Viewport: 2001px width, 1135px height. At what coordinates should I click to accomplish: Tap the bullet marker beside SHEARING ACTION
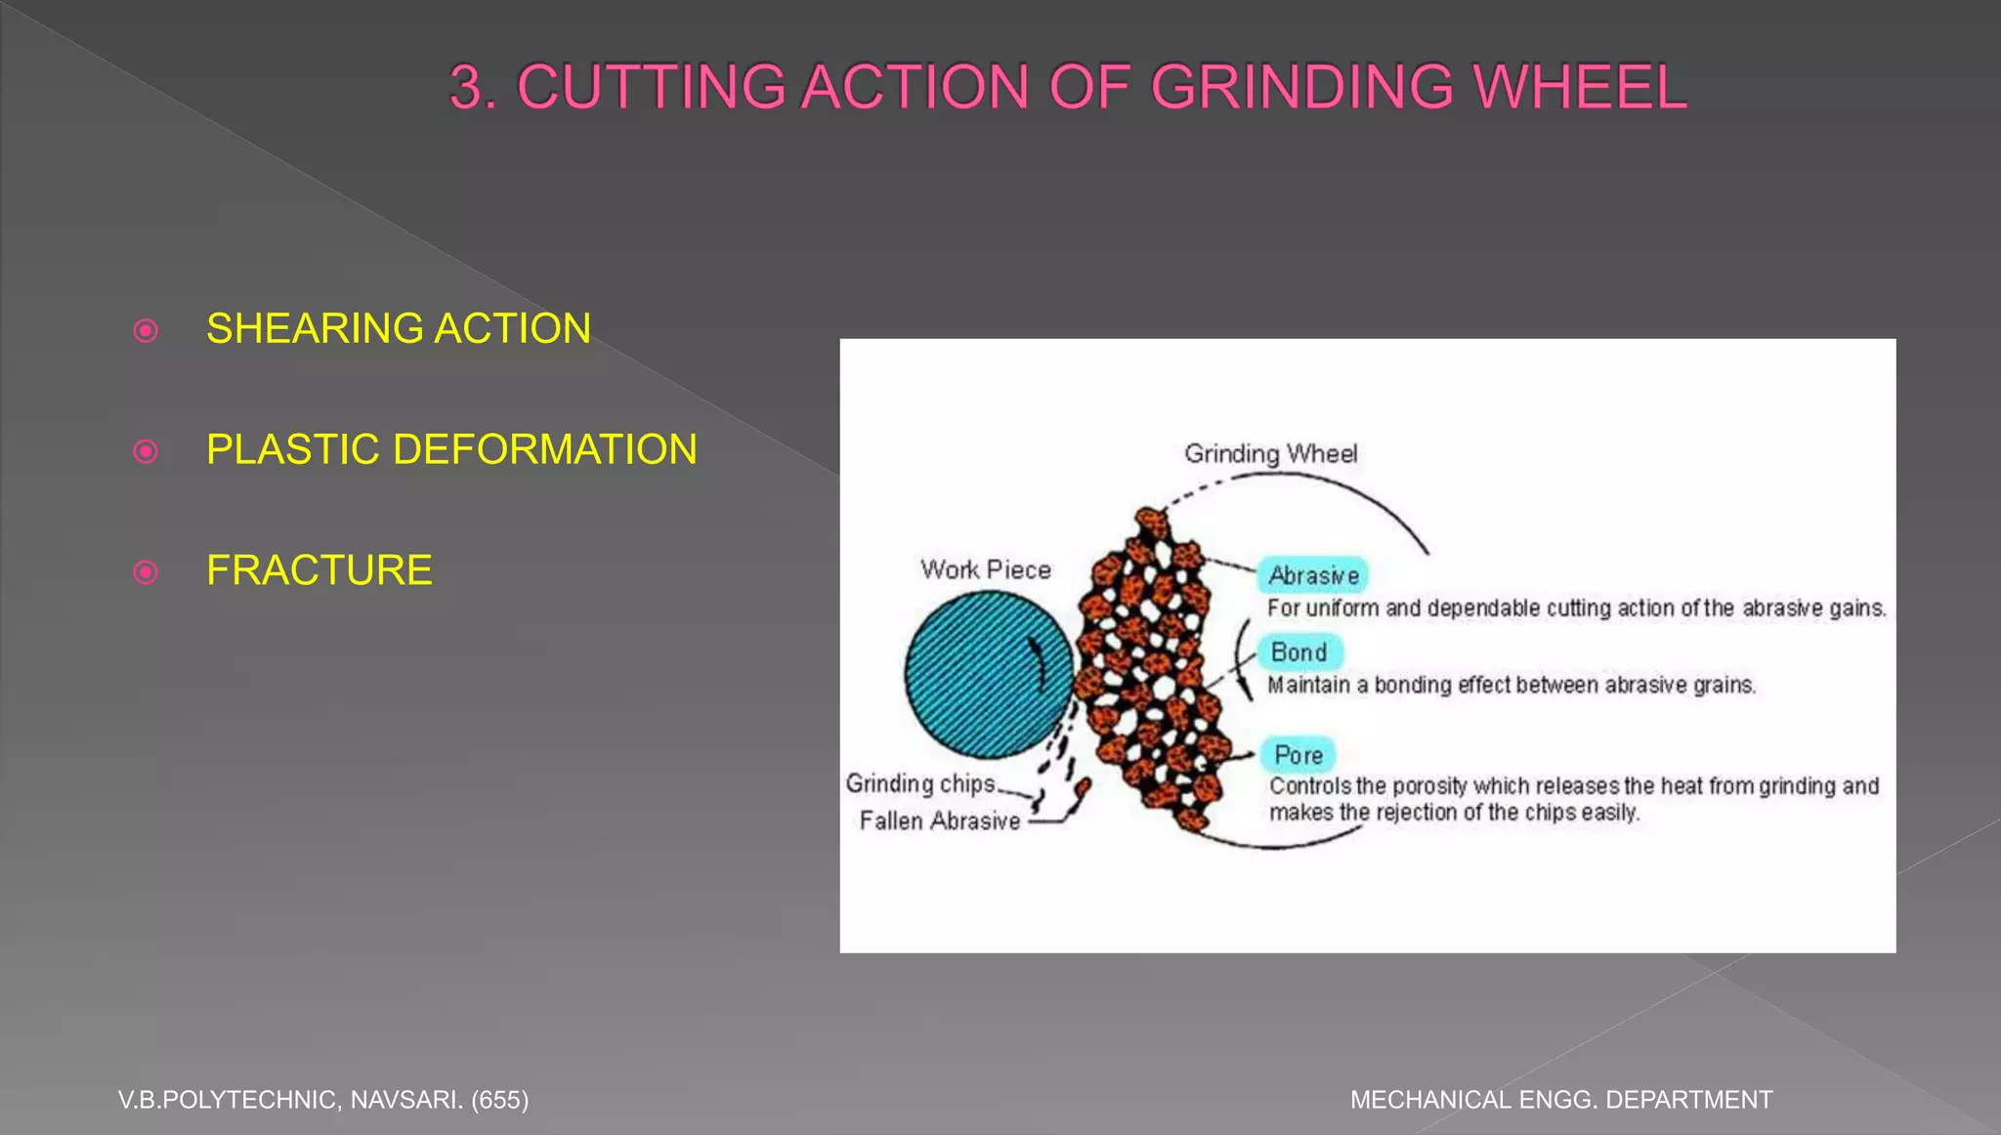pyautogui.click(x=146, y=330)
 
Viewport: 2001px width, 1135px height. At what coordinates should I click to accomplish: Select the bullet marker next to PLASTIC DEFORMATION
pyautogui.click(x=146, y=451)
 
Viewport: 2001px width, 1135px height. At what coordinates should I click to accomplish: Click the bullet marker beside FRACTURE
pyautogui.click(x=146, y=571)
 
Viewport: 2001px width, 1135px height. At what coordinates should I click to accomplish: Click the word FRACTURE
pyautogui.click(x=319, y=570)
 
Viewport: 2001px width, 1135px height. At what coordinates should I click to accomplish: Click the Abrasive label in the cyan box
pyautogui.click(x=1313, y=575)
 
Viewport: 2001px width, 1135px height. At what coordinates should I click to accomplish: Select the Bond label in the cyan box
pyautogui.click(x=1299, y=652)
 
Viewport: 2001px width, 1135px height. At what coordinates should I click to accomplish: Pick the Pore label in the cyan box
pyautogui.click(x=1299, y=755)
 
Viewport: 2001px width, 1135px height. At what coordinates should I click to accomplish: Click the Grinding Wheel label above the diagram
pyautogui.click(x=1270, y=453)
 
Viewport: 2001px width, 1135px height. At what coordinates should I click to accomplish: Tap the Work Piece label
pyautogui.click(x=985, y=569)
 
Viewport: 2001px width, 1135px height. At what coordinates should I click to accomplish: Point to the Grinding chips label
pyautogui.click(x=920, y=783)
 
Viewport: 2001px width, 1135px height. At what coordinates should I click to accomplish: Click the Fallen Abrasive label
pyautogui.click(x=940, y=820)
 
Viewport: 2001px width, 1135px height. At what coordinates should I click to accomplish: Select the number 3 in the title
pyautogui.click(x=467, y=87)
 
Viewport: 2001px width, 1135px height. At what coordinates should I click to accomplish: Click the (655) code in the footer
pyautogui.click(x=499, y=1100)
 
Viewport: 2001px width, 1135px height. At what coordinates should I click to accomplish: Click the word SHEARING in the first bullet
pyautogui.click(x=315, y=329)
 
